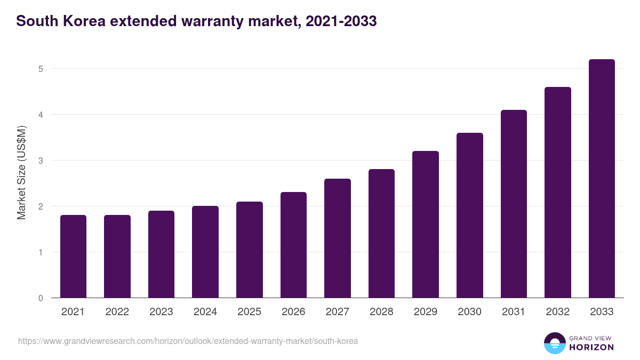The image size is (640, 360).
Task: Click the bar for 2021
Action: [73, 257]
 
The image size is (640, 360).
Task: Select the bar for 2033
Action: [602, 179]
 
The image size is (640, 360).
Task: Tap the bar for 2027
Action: [338, 238]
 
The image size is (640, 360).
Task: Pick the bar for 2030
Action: [470, 215]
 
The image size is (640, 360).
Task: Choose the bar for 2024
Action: [205, 252]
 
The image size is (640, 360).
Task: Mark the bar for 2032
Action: [558, 193]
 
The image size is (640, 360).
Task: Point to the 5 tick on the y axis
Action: [41, 69]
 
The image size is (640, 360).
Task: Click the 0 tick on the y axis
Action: [41, 298]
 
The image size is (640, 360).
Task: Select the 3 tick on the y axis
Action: [41, 161]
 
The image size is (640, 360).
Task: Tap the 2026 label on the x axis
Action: [293, 312]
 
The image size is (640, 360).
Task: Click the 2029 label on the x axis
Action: [426, 312]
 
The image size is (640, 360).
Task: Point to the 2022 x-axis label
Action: [117, 312]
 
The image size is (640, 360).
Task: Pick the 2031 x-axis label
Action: [514, 312]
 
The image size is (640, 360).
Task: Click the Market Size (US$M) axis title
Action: [21, 172]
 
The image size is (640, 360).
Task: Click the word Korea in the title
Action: [79, 21]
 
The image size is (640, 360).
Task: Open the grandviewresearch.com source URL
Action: [188, 341]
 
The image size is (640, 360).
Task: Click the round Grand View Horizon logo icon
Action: [555, 343]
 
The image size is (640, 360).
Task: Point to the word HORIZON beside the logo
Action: [591, 347]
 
